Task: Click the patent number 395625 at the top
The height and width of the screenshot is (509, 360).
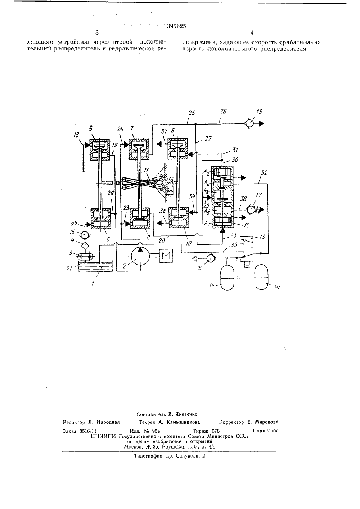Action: (x=176, y=26)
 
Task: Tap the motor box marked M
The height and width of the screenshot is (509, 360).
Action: (x=166, y=256)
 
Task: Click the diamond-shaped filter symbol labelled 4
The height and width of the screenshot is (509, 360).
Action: (x=85, y=246)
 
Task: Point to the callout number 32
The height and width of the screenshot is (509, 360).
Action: (x=264, y=173)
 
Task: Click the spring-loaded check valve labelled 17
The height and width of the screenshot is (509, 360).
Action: (x=252, y=209)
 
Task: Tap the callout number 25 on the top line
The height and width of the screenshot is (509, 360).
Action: (x=192, y=113)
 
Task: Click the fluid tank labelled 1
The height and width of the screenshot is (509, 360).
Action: (x=95, y=266)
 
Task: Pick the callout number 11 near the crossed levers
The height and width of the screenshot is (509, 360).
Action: (x=147, y=170)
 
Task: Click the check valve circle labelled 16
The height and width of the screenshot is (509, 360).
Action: (x=211, y=258)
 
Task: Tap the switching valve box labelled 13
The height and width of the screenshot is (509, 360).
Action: (x=247, y=248)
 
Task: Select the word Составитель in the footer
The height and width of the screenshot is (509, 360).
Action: (x=151, y=414)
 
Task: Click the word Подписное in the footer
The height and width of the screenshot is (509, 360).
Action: (x=265, y=431)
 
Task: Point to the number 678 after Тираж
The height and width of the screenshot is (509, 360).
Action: (x=215, y=431)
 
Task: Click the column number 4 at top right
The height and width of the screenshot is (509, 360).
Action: (x=252, y=33)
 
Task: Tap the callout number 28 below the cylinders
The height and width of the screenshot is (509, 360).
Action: (x=162, y=240)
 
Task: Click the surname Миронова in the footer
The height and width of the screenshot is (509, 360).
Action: (x=266, y=422)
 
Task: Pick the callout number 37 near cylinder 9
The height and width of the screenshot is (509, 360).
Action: (x=164, y=131)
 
